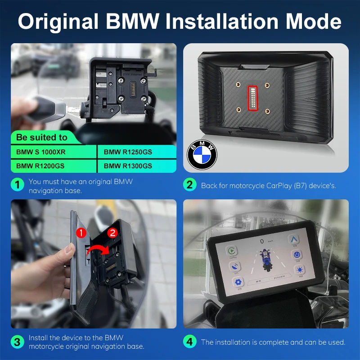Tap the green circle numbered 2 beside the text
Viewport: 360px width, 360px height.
[x=189, y=185]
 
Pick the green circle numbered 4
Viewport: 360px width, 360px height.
[x=189, y=342]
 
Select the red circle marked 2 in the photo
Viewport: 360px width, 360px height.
[x=113, y=233]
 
